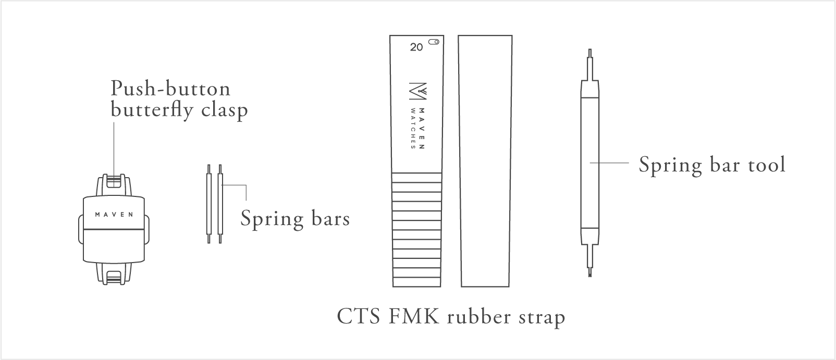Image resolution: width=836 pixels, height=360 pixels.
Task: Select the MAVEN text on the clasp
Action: point(114,214)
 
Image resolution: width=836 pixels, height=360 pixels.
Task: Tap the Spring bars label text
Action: point(295,218)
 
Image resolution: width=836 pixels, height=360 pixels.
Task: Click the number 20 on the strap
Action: point(416,47)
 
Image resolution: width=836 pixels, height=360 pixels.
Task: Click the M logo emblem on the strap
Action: point(418,92)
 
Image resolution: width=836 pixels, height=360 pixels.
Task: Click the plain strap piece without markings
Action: point(486,162)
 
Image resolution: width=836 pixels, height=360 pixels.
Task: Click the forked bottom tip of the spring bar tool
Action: point(590,271)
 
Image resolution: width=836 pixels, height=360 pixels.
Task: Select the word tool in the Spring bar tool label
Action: point(766,165)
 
